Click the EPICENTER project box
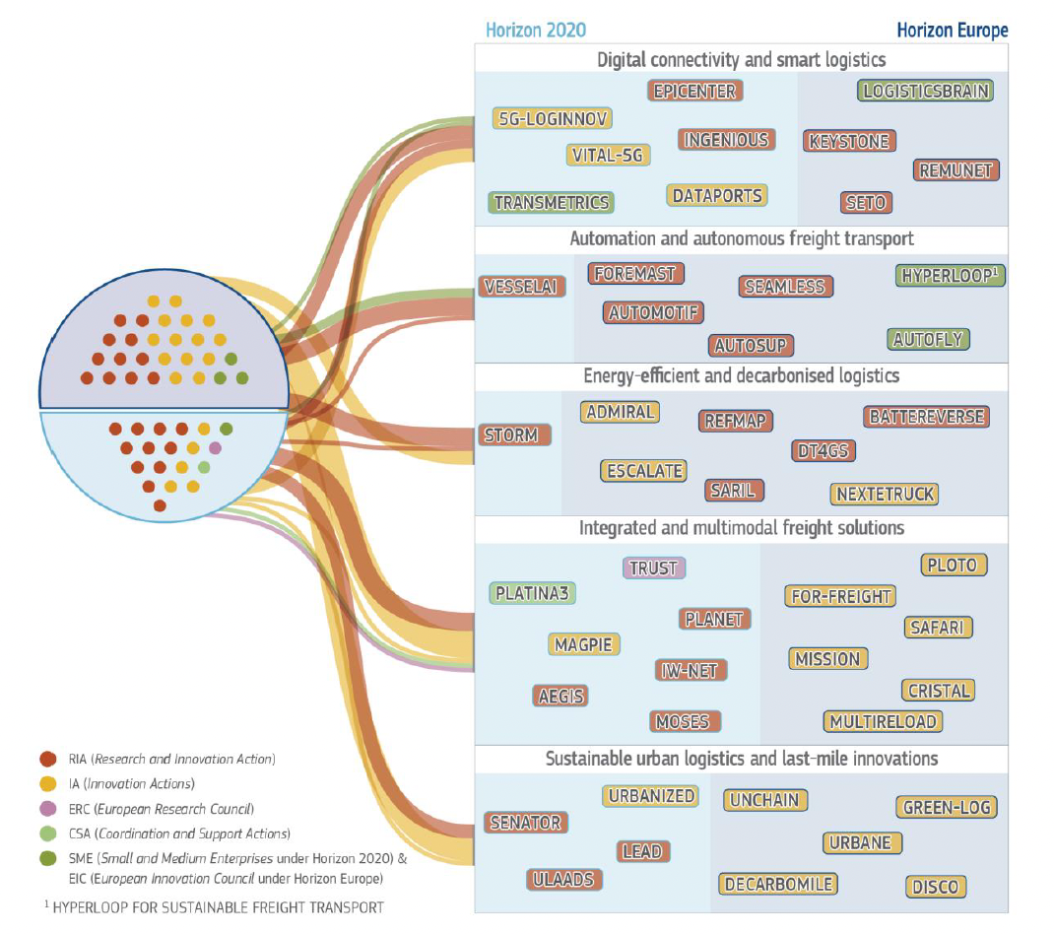pyautogui.click(x=695, y=92)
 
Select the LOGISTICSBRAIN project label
pyautogui.click(x=925, y=92)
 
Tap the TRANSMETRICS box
pyautogui.click(x=552, y=203)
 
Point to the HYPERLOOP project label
pyautogui.click(x=951, y=276)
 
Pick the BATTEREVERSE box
pyautogui.click(x=926, y=417)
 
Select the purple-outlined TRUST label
pyautogui.click(x=654, y=568)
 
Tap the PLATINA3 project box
pyautogui.click(x=533, y=594)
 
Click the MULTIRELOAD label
pyautogui.click(x=884, y=722)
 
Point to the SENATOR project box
pyautogui.click(x=525, y=823)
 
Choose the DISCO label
pyautogui.click(x=935, y=887)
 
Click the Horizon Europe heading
pyautogui.click(x=954, y=31)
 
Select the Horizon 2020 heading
pyautogui.click(x=536, y=31)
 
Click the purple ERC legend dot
pyautogui.click(x=46, y=809)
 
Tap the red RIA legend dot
pyautogui.click(x=46, y=760)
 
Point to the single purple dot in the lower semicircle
pyautogui.click(x=216, y=448)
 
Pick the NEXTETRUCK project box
pyautogui.click(x=885, y=494)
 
